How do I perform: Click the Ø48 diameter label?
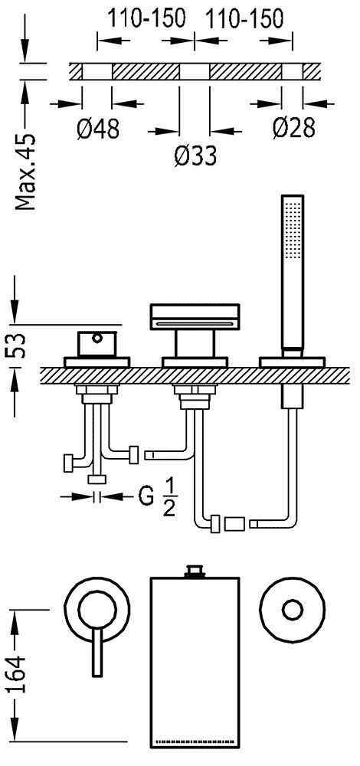[x=98, y=129]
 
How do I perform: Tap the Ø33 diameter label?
[x=195, y=157]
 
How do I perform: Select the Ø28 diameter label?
[x=293, y=129]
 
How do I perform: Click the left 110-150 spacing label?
[x=146, y=19]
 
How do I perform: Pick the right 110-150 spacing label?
[x=244, y=19]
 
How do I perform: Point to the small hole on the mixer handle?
[x=97, y=336]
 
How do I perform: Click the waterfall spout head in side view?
[x=195, y=316]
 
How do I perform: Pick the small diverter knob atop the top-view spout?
[x=195, y=572]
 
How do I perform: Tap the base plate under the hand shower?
[x=292, y=362]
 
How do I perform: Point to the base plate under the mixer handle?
[x=97, y=362]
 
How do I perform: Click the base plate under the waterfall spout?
[x=195, y=362]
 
